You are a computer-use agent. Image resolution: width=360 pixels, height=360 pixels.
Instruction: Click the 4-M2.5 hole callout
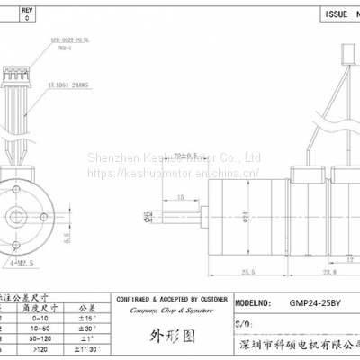point(19,262)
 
